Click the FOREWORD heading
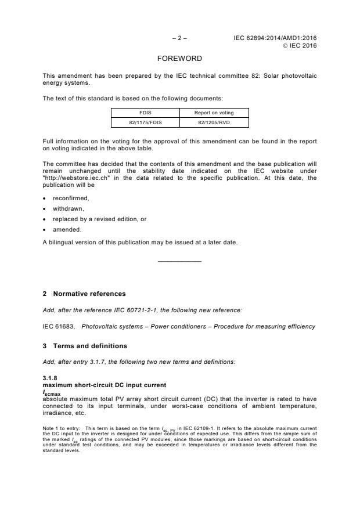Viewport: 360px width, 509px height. pyautogui.click(x=179, y=59)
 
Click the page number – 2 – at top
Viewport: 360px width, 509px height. pyautogui.click(x=179, y=38)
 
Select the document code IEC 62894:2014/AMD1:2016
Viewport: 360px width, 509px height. pyautogui.click(x=275, y=38)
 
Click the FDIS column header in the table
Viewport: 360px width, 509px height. pyautogui.click(x=145, y=113)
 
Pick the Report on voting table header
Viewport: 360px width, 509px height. pyautogui.click(x=206, y=113)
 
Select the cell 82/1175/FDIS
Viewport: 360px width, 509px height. pyautogui.click(x=145, y=122)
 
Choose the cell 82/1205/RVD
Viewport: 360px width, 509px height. pyautogui.click(x=206, y=122)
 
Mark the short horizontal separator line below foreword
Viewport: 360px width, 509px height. pyautogui.click(x=179, y=262)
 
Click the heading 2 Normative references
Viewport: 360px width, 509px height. pyautogui.click(x=84, y=294)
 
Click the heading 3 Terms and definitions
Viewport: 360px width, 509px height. pyautogui.click(x=85, y=346)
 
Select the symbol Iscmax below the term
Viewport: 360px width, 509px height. pyautogui.click(x=53, y=393)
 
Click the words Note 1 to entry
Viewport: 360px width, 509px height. pyautogui.click(x=62, y=427)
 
